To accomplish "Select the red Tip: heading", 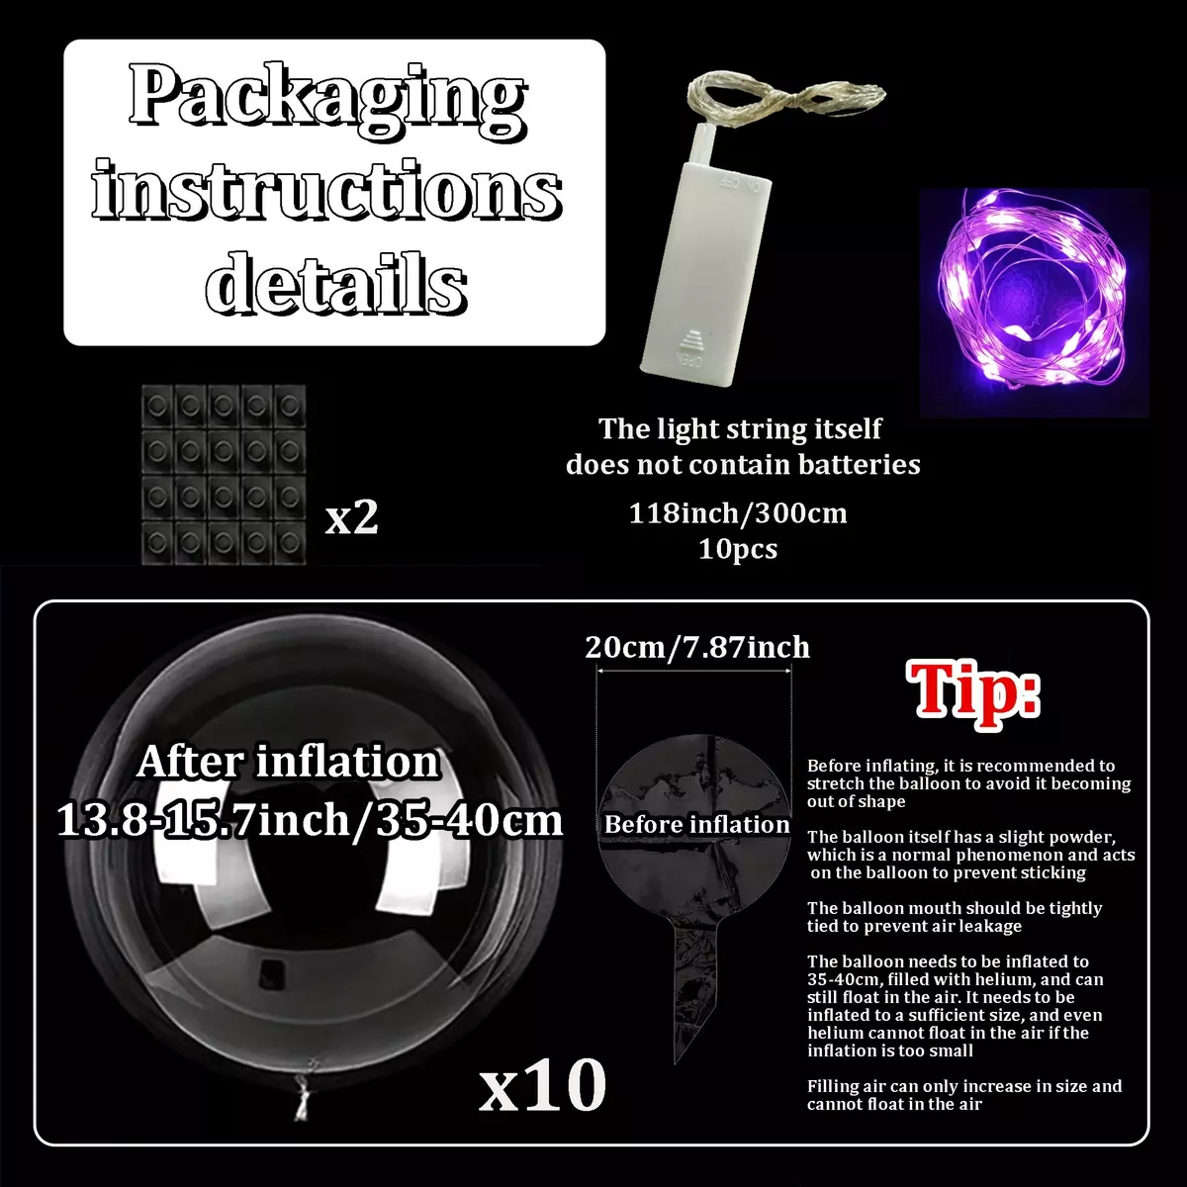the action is coord(972,694).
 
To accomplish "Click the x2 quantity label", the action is coord(351,518).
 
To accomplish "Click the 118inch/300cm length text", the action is coord(738,513).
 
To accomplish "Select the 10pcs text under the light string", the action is coord(738,548).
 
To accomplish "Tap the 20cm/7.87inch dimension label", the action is coord(697,647).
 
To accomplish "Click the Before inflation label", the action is coord(696,824).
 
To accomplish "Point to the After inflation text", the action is coord(288,762).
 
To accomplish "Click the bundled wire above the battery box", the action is coord(786,99).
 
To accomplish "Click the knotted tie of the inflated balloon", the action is coord(303,1091).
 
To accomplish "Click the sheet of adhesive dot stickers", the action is coord(224,475).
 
